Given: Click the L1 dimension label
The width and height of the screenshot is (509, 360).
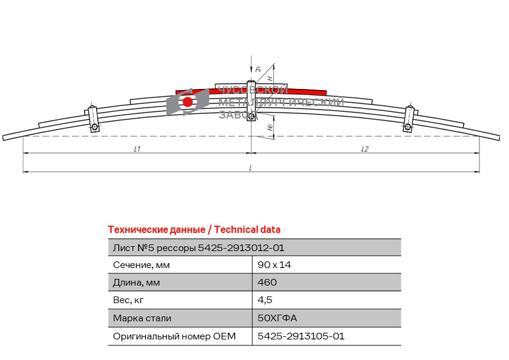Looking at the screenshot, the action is pos(137,149).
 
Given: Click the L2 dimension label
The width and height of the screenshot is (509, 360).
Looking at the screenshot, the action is pos(365,149).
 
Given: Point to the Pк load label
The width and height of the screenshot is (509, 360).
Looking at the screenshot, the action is pos(258,69).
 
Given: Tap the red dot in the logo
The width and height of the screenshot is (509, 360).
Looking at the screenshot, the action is pos(187,102).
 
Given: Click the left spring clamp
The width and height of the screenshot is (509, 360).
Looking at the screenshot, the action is pos(93,119).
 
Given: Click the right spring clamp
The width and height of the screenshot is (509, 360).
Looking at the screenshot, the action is pos(409,119).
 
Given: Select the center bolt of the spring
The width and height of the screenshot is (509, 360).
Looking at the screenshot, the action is pos(251,100).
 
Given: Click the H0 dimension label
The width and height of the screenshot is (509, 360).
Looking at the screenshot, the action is pos(270,128).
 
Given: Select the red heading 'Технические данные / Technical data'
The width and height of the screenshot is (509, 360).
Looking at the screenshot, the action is pos(194,230).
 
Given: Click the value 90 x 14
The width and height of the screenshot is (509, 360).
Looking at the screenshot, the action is pos(274,265).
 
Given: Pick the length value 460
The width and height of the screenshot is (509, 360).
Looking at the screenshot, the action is pos(267,282).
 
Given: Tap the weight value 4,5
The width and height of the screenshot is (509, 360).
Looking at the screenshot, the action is pos(265,300).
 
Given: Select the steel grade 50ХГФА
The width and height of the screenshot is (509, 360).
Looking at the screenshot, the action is pos(277,318).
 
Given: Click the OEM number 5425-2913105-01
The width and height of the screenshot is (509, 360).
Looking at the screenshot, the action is pos(301,336).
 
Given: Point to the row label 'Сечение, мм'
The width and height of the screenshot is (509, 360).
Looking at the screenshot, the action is pos(141,265).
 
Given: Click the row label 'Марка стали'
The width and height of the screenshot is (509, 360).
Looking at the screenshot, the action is pos(142,318).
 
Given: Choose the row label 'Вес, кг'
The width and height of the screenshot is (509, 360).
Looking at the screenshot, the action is pos(128,300).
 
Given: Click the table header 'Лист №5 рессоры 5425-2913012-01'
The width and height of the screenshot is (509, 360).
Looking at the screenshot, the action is pos(198,248).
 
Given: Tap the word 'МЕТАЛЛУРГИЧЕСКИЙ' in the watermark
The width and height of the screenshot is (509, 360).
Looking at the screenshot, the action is pos(281,102).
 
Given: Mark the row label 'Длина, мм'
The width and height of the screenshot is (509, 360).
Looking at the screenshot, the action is pos(137,283).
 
